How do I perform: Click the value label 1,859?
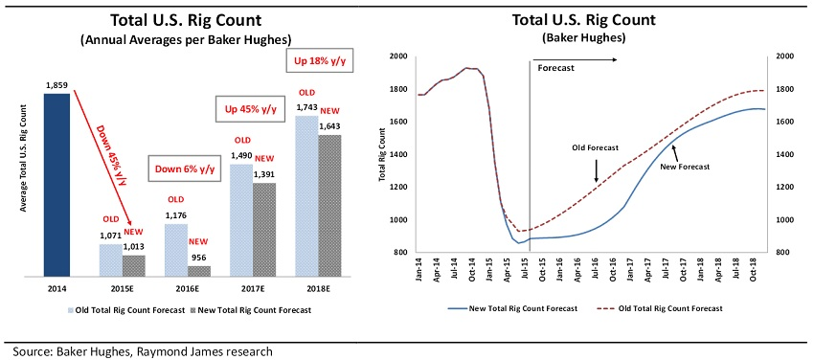coord(59,86)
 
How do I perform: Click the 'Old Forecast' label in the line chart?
coord(597,147)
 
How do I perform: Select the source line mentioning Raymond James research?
coord(139,350)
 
